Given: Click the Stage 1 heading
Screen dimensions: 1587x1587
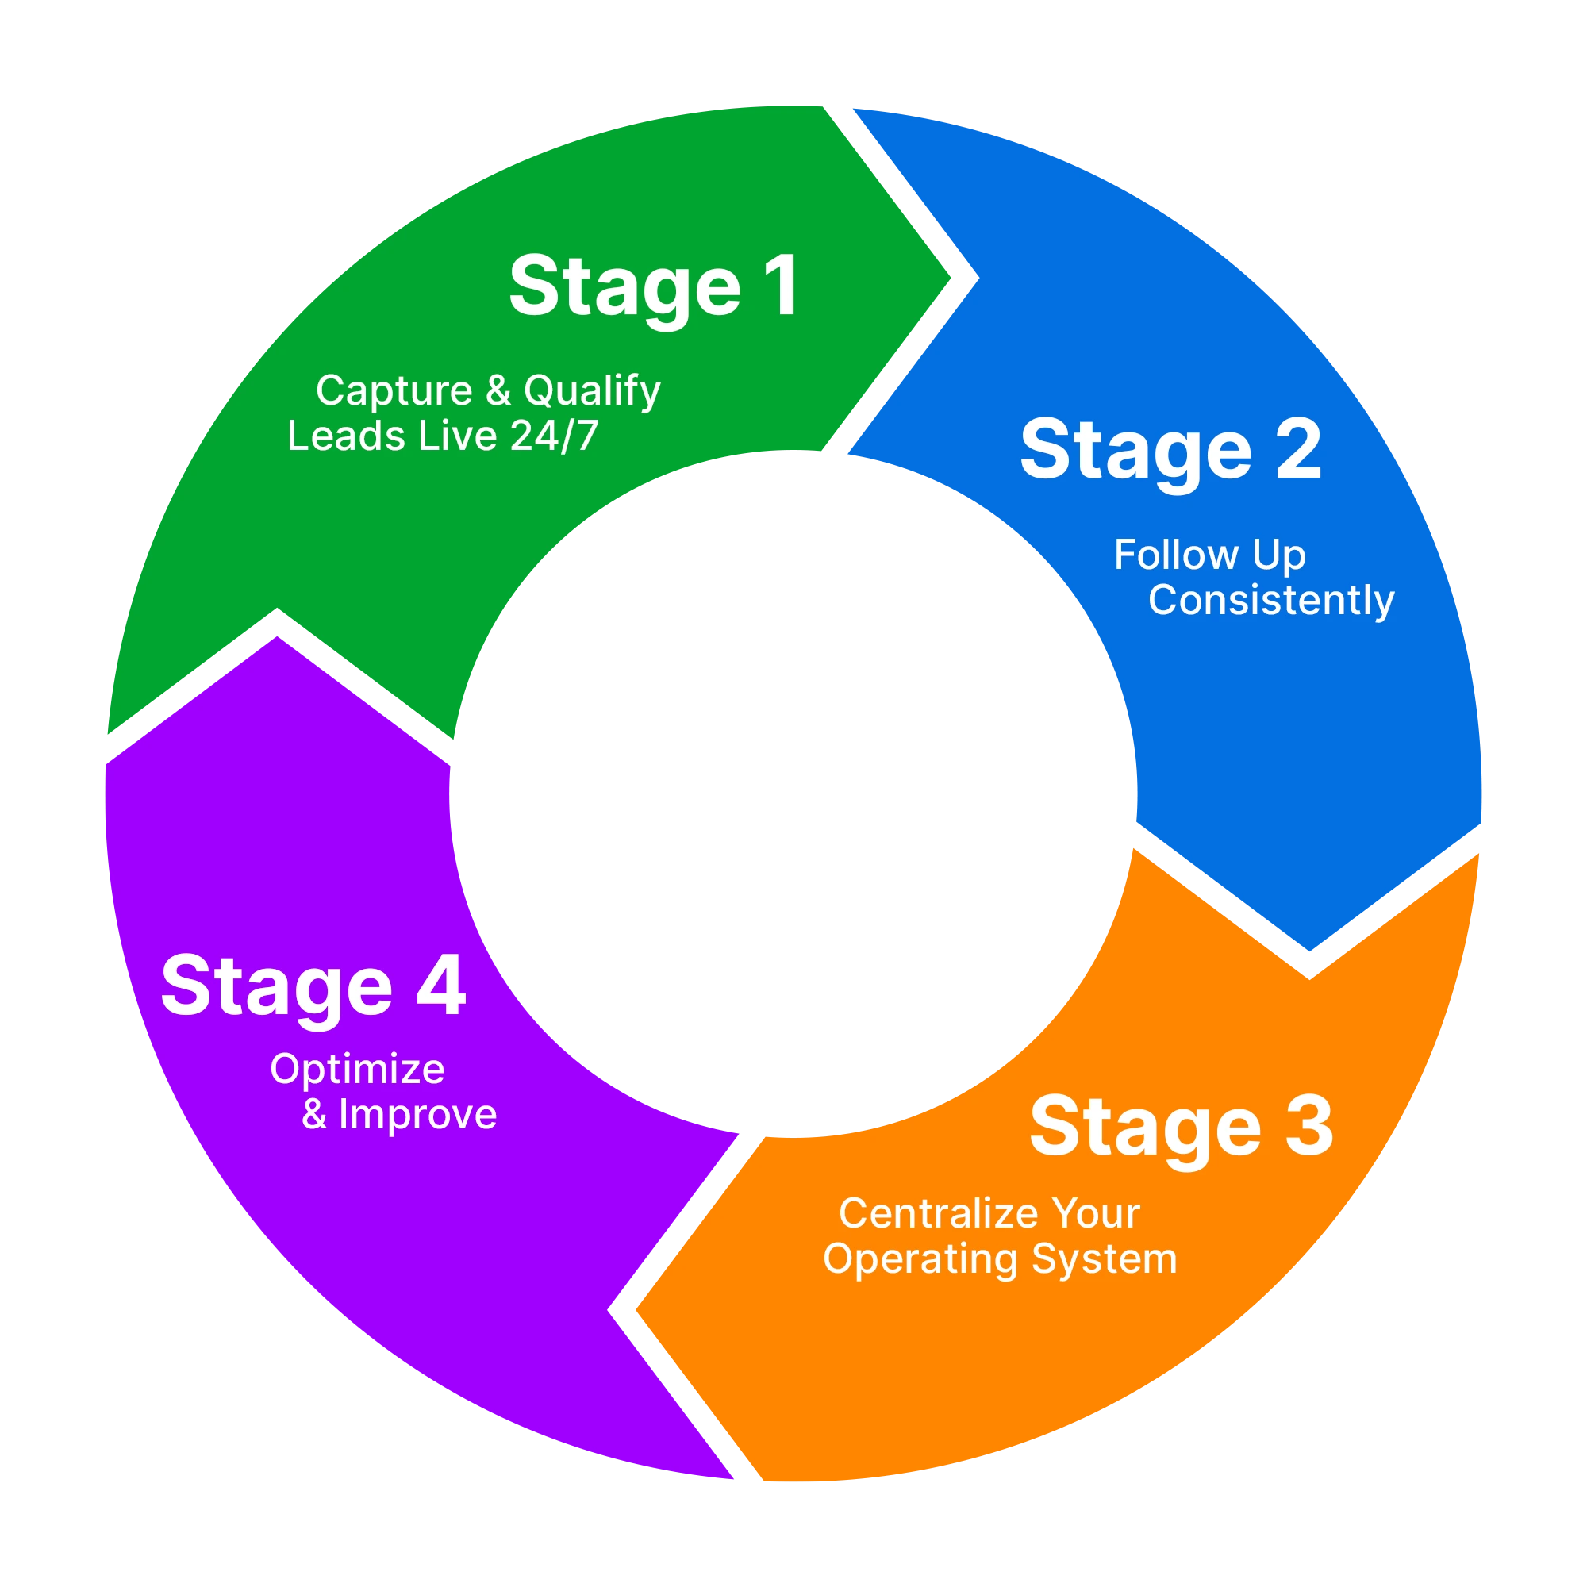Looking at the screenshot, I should [x=653, y=287].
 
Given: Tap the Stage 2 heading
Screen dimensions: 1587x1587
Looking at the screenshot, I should [x=1170, y=451].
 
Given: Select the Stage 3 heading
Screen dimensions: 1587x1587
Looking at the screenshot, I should [x=1181, y=1128].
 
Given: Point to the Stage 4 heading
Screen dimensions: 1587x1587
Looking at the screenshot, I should [x=313, y=986].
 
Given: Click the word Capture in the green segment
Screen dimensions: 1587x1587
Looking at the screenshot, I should [x=394, y=391].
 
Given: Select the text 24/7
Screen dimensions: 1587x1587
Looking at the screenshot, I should [x=555, y=436].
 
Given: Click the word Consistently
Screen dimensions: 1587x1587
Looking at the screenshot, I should [x=1270, y=601].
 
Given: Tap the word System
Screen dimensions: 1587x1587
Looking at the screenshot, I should [x=1105, y=1260].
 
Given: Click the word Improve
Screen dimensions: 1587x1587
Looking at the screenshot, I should [x=417, y=1115].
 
